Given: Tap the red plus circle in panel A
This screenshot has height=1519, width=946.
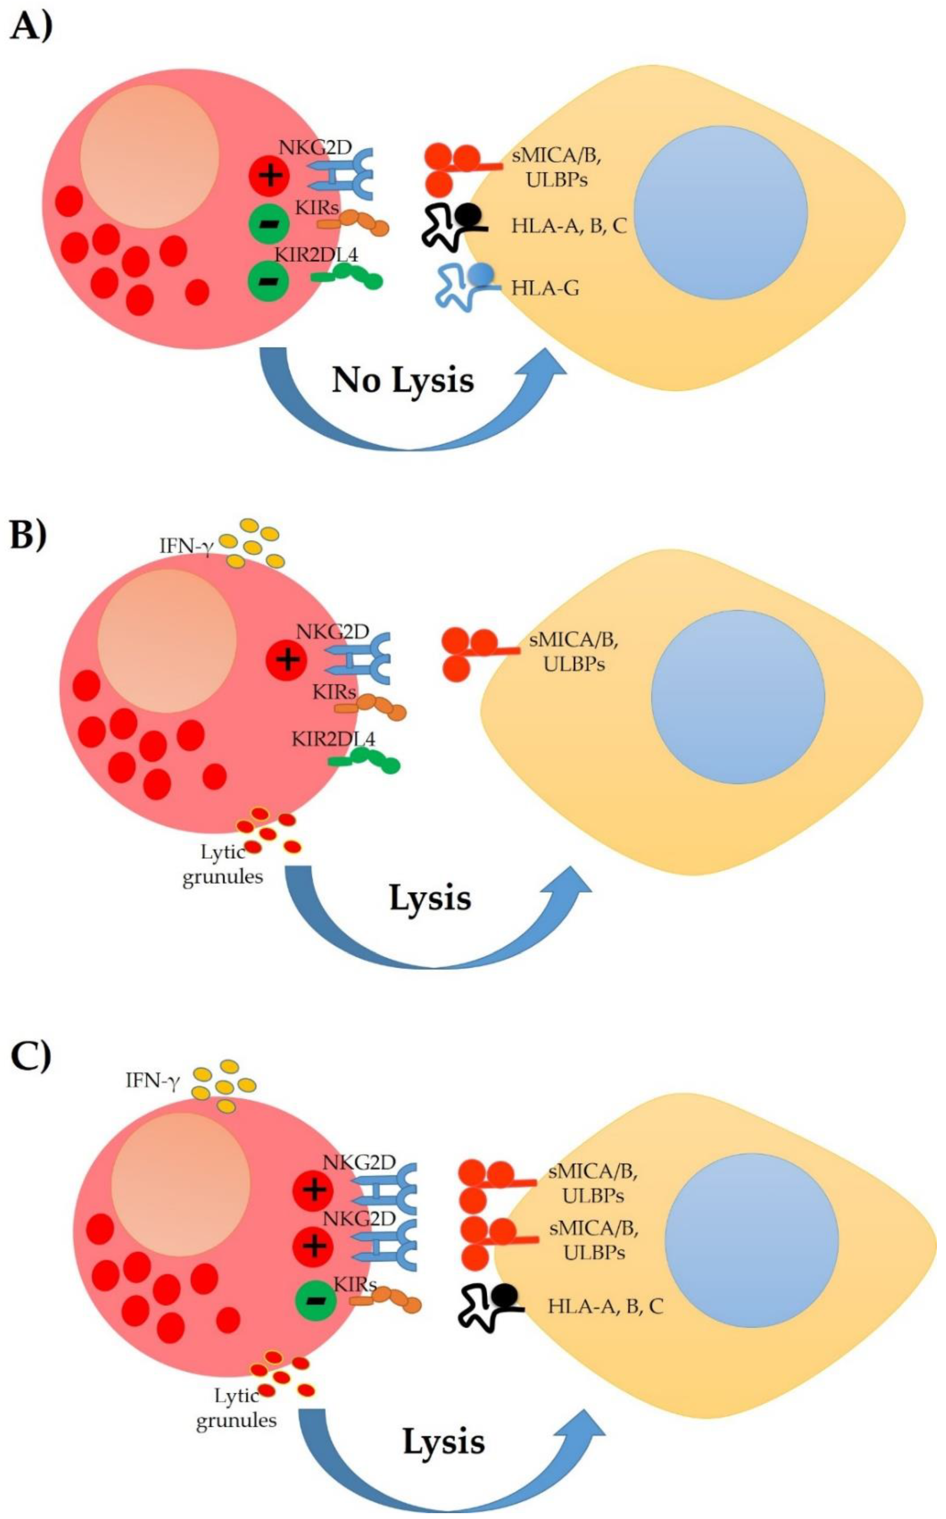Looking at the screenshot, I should point(269,176).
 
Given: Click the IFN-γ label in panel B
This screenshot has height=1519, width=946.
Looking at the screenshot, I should point(187,545).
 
